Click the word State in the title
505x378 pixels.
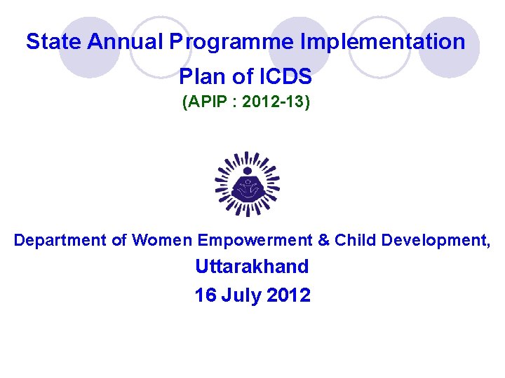[54, 42]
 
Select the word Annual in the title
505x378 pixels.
[126, 42]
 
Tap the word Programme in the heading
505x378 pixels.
[231, 42]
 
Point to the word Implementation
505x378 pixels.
[382, 42]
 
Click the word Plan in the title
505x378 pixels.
[201, 76]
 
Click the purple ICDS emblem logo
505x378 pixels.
[247, 184]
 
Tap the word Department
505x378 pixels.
[60, 241]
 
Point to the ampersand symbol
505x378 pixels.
[323, 241]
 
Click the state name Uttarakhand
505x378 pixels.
[252, 267]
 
